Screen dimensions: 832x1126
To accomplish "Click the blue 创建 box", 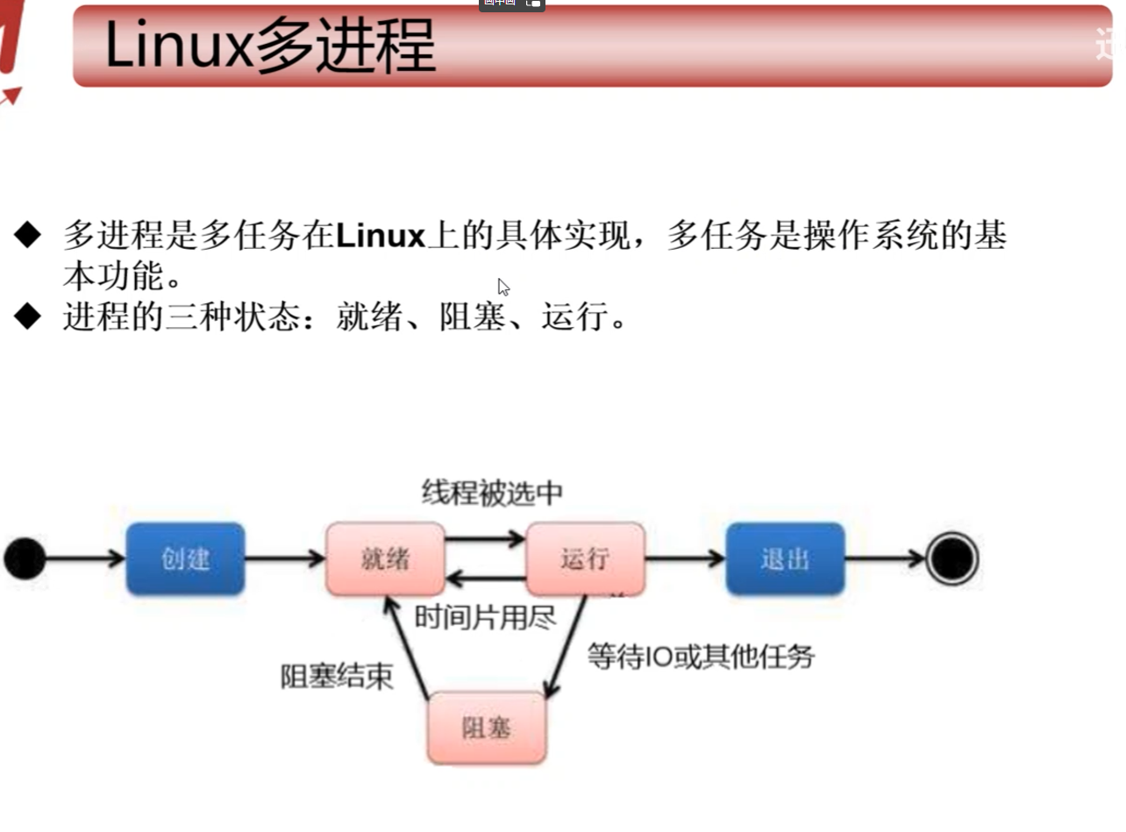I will (x=185, y=558).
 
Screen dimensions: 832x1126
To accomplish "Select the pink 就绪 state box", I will (x=385, y=558).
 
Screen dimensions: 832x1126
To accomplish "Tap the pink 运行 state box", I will (x=585, y=558).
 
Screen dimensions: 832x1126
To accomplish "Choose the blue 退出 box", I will (x=785, y=558).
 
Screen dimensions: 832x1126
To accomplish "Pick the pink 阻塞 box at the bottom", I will (x=487, y=727).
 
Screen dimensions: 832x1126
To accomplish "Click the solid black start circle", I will (x=25, y=559).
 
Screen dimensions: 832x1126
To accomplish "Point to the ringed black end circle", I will (x=951, y=558).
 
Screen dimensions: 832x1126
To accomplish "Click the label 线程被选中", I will (x=491, y=493).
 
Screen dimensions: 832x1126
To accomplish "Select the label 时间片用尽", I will (x=485, y=617).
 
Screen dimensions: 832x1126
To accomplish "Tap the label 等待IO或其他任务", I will (x=700, y=656).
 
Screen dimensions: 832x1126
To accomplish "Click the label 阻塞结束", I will (x=337, y=677).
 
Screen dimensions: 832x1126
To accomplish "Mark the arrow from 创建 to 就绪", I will (x=285, y=558).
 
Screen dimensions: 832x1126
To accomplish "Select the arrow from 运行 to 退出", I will (x=685, y=558).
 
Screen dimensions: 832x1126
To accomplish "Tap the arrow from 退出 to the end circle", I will (x=884, y=558).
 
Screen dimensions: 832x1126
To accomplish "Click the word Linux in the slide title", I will (x=179, y=46).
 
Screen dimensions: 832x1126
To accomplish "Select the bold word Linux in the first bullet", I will (x=380, y=236).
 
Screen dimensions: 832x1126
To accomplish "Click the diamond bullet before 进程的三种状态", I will (x=27, y=316).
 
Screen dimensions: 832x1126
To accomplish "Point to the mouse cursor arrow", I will (x=503, y=287).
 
